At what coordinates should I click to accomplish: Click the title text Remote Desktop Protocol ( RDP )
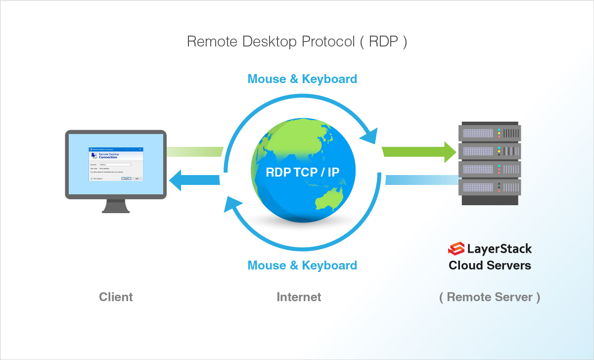point(297,42)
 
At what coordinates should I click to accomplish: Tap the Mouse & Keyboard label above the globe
point(302,79)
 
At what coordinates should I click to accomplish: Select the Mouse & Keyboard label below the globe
point(302,266)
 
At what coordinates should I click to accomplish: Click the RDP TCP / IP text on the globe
point(303,172)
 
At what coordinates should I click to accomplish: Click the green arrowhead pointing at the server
point(450,152)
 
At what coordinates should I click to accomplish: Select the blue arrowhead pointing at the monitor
point(176,180)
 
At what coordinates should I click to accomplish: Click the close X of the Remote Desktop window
point(140,149)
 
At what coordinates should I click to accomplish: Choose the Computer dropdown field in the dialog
point(115,164)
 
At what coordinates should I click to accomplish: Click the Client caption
point(116,297)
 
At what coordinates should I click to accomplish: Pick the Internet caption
point(299,297)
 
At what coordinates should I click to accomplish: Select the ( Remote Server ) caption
point(489,297)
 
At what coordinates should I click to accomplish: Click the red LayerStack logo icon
point(456,248)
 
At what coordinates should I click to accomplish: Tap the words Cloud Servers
point(489,266)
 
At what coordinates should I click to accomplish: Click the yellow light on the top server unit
point(500,133)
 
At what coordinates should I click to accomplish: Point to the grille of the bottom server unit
point(477,187)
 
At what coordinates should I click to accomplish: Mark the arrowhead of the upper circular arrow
point(369,135)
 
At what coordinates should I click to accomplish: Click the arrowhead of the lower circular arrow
point(233,203)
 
